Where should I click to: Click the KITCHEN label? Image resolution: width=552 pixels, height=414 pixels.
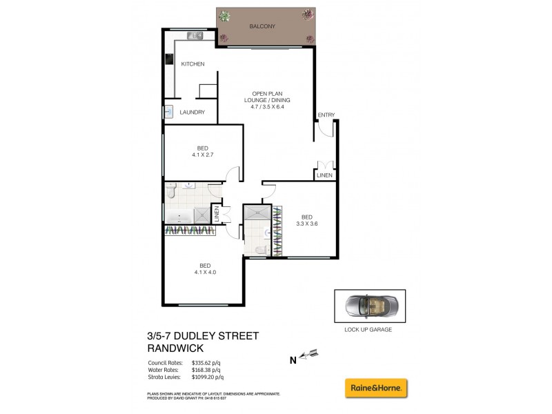pyautogui.click(x=193, y=64)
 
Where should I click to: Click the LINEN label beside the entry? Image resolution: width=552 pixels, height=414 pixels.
pyautogui.click(x=324, y=175)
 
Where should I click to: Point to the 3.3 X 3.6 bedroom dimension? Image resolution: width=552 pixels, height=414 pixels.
pyautogui.click(x=307, y=223)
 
